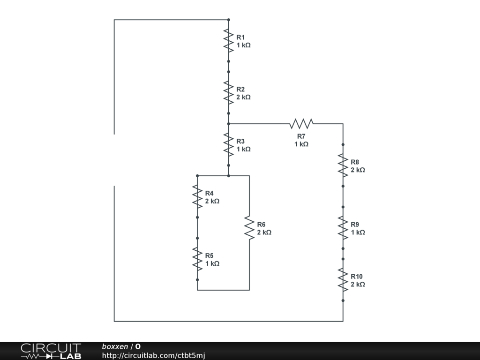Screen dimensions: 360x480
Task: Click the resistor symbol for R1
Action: pos(228,41)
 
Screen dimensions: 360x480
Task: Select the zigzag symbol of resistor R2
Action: pos(228,93)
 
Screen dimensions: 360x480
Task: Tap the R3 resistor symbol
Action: pos(228,145)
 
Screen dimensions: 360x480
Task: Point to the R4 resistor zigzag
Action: pos(197,197)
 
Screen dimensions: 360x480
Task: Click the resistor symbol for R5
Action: pos(197,259)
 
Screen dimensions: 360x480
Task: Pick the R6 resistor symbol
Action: pos(249,228)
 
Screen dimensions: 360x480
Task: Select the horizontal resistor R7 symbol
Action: pos(301,124)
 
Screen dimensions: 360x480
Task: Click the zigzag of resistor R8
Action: pos(343,165)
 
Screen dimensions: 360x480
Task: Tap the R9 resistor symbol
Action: pos(343,228)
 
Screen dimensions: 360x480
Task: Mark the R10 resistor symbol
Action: pos(343,280)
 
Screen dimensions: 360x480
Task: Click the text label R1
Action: pos(240,37)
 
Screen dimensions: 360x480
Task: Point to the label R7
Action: pos(301,136)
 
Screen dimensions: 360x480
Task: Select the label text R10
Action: pos(357,277)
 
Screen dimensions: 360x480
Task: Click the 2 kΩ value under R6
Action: pos(264,232)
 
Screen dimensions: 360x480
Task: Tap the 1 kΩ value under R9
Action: pos(358,232)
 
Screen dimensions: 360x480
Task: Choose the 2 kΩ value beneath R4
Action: pos(212,201)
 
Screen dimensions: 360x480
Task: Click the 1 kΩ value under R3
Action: pos(243,149)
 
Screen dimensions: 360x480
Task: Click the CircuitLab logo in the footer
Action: pos(51,351)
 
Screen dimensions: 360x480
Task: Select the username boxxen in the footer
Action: pos(115,347)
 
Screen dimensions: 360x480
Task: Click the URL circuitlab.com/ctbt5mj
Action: pos(154,356)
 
